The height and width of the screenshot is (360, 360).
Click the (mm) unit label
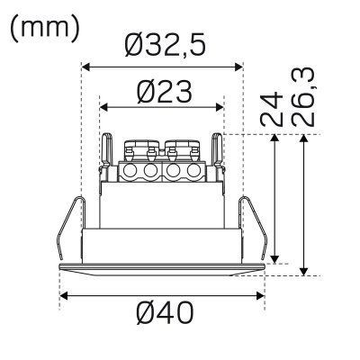[45, 29]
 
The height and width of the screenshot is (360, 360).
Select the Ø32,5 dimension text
[166, 45]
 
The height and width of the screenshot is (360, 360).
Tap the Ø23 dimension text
[164, 92]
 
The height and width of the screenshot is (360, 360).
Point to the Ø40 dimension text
[165, 312]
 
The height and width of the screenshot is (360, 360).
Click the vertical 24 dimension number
[272, 110]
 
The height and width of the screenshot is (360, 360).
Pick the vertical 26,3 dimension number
[302, 97]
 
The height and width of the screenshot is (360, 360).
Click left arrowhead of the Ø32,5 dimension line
[85, 67]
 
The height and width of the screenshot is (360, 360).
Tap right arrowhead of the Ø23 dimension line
[220, 107]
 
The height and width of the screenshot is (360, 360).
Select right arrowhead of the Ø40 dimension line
[260, 296]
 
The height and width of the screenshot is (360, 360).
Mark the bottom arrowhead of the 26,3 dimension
[304, 271]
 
